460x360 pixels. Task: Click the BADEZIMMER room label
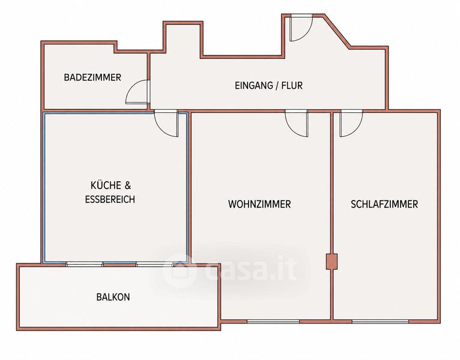click(92, 77)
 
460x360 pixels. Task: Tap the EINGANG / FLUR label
click(268, 85)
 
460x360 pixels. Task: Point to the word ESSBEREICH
click(110, 199)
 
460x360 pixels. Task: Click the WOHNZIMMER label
click(259, 204)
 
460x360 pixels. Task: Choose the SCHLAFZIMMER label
click(384, 204)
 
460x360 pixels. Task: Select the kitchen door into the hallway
click(166, 124)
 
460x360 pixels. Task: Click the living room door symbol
click(297, 124)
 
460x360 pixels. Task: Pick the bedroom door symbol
click(351, 124)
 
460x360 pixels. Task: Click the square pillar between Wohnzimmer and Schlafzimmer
click(332, 262)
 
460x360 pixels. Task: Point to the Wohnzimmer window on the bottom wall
click(273, 322)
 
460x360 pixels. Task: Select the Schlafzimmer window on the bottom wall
click(380, 322)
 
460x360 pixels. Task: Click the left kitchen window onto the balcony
click(84, 264)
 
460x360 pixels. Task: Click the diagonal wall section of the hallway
click(337, 31)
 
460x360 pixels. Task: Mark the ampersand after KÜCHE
click(128, 185)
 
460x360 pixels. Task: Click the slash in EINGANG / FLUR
click(277, 85)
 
